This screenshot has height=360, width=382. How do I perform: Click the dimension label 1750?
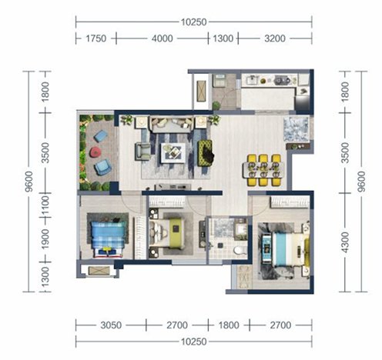point(95,38)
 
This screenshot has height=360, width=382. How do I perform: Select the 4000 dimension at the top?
point(162,38)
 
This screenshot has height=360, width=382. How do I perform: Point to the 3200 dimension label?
point(275,38)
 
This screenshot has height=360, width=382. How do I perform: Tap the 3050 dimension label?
point(111,325)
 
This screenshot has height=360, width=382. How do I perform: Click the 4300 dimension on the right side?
point(345,242)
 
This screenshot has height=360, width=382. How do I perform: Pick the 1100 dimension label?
point(45,205)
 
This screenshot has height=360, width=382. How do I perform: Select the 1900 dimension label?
point(45,239)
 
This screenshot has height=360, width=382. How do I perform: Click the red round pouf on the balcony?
point(95,152)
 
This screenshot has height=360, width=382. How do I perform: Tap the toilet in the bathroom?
point(240,249)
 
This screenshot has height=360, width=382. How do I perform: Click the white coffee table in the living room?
point(173,152)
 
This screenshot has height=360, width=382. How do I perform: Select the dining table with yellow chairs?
point(263,170)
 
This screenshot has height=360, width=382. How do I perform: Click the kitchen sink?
point(253,80)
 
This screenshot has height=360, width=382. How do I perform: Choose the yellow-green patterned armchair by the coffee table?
point(206,153)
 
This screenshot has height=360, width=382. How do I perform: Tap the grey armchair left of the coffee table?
point(143,152)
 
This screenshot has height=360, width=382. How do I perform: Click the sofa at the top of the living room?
point(172,124)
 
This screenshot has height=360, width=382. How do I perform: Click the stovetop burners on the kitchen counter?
point(282,80)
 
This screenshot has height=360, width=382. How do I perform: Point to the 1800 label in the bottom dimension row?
point(229,325)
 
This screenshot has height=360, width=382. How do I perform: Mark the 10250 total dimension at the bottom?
point(194,342)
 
